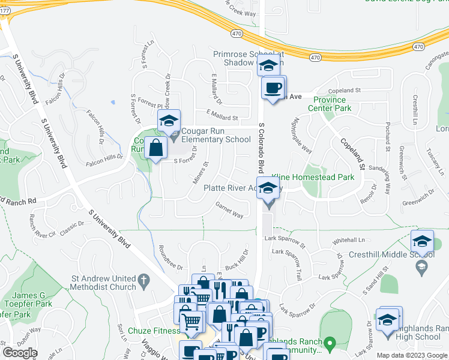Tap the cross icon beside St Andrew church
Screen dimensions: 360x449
coord(143,280)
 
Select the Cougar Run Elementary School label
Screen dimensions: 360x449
coord(216,135)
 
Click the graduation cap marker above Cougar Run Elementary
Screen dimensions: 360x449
coord(169,121)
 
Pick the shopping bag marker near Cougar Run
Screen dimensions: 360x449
coord(156,148)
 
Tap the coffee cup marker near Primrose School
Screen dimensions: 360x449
coord(274,88)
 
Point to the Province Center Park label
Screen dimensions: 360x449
coord(330,104)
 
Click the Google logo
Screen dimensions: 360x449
coord(20,352)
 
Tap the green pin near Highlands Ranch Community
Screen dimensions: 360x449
coord(330,344)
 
